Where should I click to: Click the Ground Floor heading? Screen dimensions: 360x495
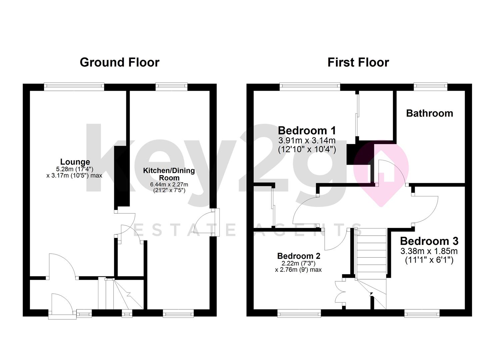(x=119, y=62)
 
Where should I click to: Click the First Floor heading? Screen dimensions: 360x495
(x=358, y=62)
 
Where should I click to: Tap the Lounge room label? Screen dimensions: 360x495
(x=75, y=162)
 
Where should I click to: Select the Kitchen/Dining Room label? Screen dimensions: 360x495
(x=169, y=174)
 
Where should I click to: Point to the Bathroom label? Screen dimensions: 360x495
(x=429, y=113)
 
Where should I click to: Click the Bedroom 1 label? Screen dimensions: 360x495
(x=307, y=130)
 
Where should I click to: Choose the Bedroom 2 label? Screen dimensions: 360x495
(x=299, y=256)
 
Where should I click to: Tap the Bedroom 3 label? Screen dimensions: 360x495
(x=429, y=241)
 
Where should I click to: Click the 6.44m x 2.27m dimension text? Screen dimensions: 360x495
(x=169, y=184)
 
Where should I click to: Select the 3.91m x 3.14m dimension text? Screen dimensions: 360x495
(x=307, y=140)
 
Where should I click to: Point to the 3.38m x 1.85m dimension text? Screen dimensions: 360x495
(x=429, y=251)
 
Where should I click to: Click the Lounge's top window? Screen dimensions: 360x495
(x=74, y=87)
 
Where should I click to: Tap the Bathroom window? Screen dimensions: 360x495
(x=430, y=87)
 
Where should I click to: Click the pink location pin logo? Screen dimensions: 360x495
(x=381, y=173)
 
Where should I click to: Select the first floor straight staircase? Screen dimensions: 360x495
(x=371, y=250)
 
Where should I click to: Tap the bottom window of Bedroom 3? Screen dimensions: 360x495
(x=422, y=313)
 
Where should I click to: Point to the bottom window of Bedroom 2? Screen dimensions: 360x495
(x=299, y=313)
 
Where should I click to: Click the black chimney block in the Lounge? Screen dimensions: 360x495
(x=122, y=177)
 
